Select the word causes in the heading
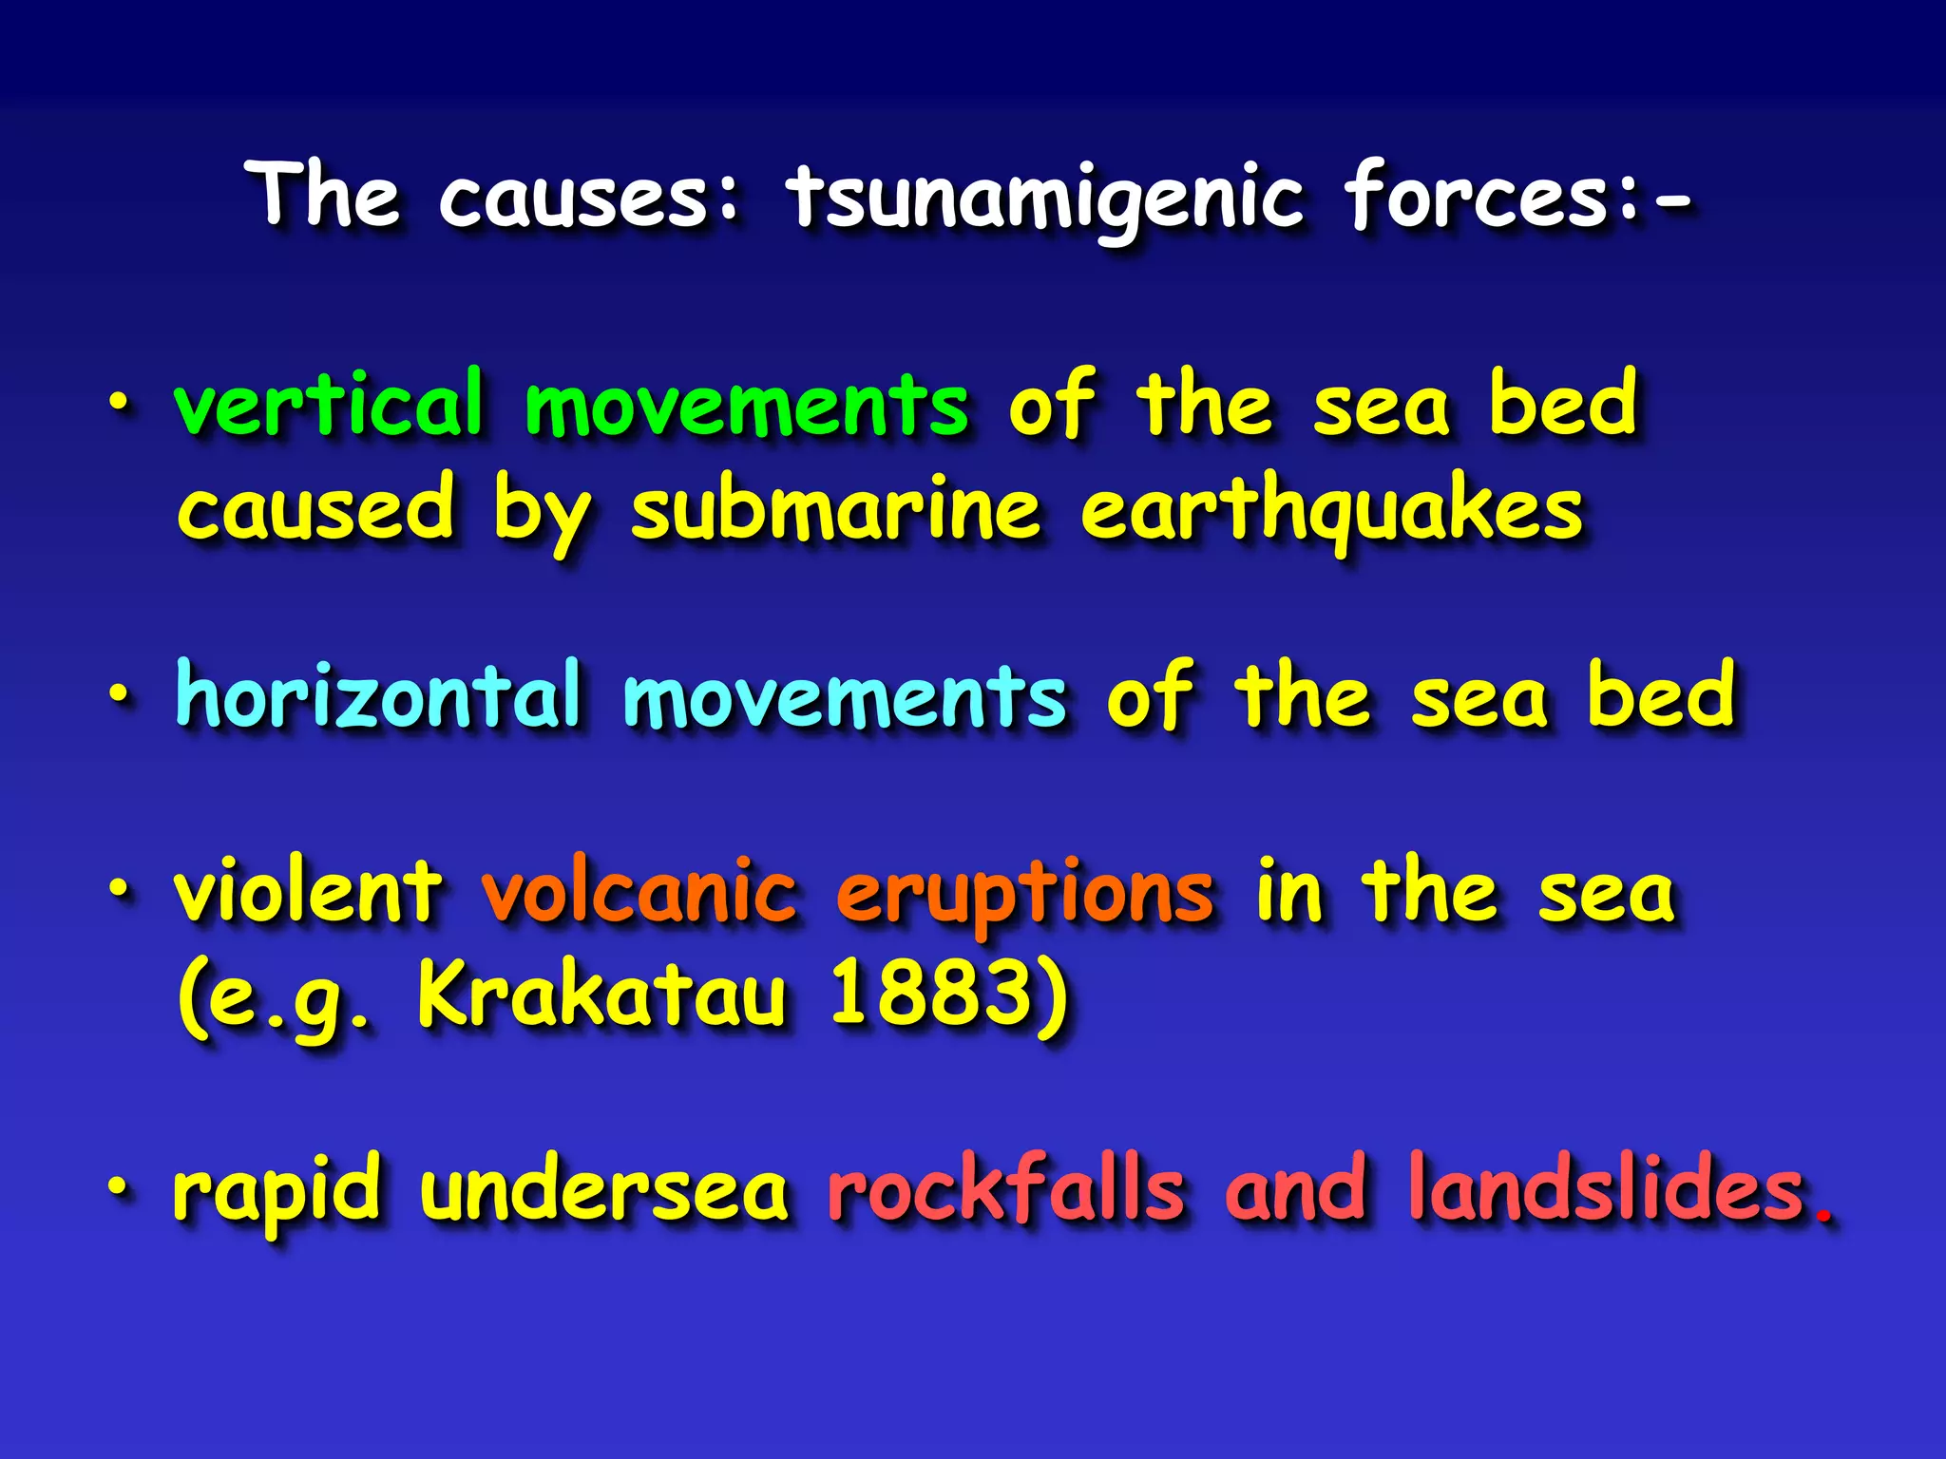pyautogui.click(x=589, y=198)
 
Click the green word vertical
pyautogui.click(x=329, y=404)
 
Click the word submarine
pyautogui.click(x=836, y=510)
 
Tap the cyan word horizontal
pyautogui.click(x=378, y=695)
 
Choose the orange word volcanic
pyautogui.click(x=639, y=892)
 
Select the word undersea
pyautogui.click(x=604, y=1188)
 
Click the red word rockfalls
pyautogui.click(x=1006, y=1187)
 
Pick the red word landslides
pyautogui.click(x=1607, y=1187)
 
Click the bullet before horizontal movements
pyautogui.click(x=118, y=695)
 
